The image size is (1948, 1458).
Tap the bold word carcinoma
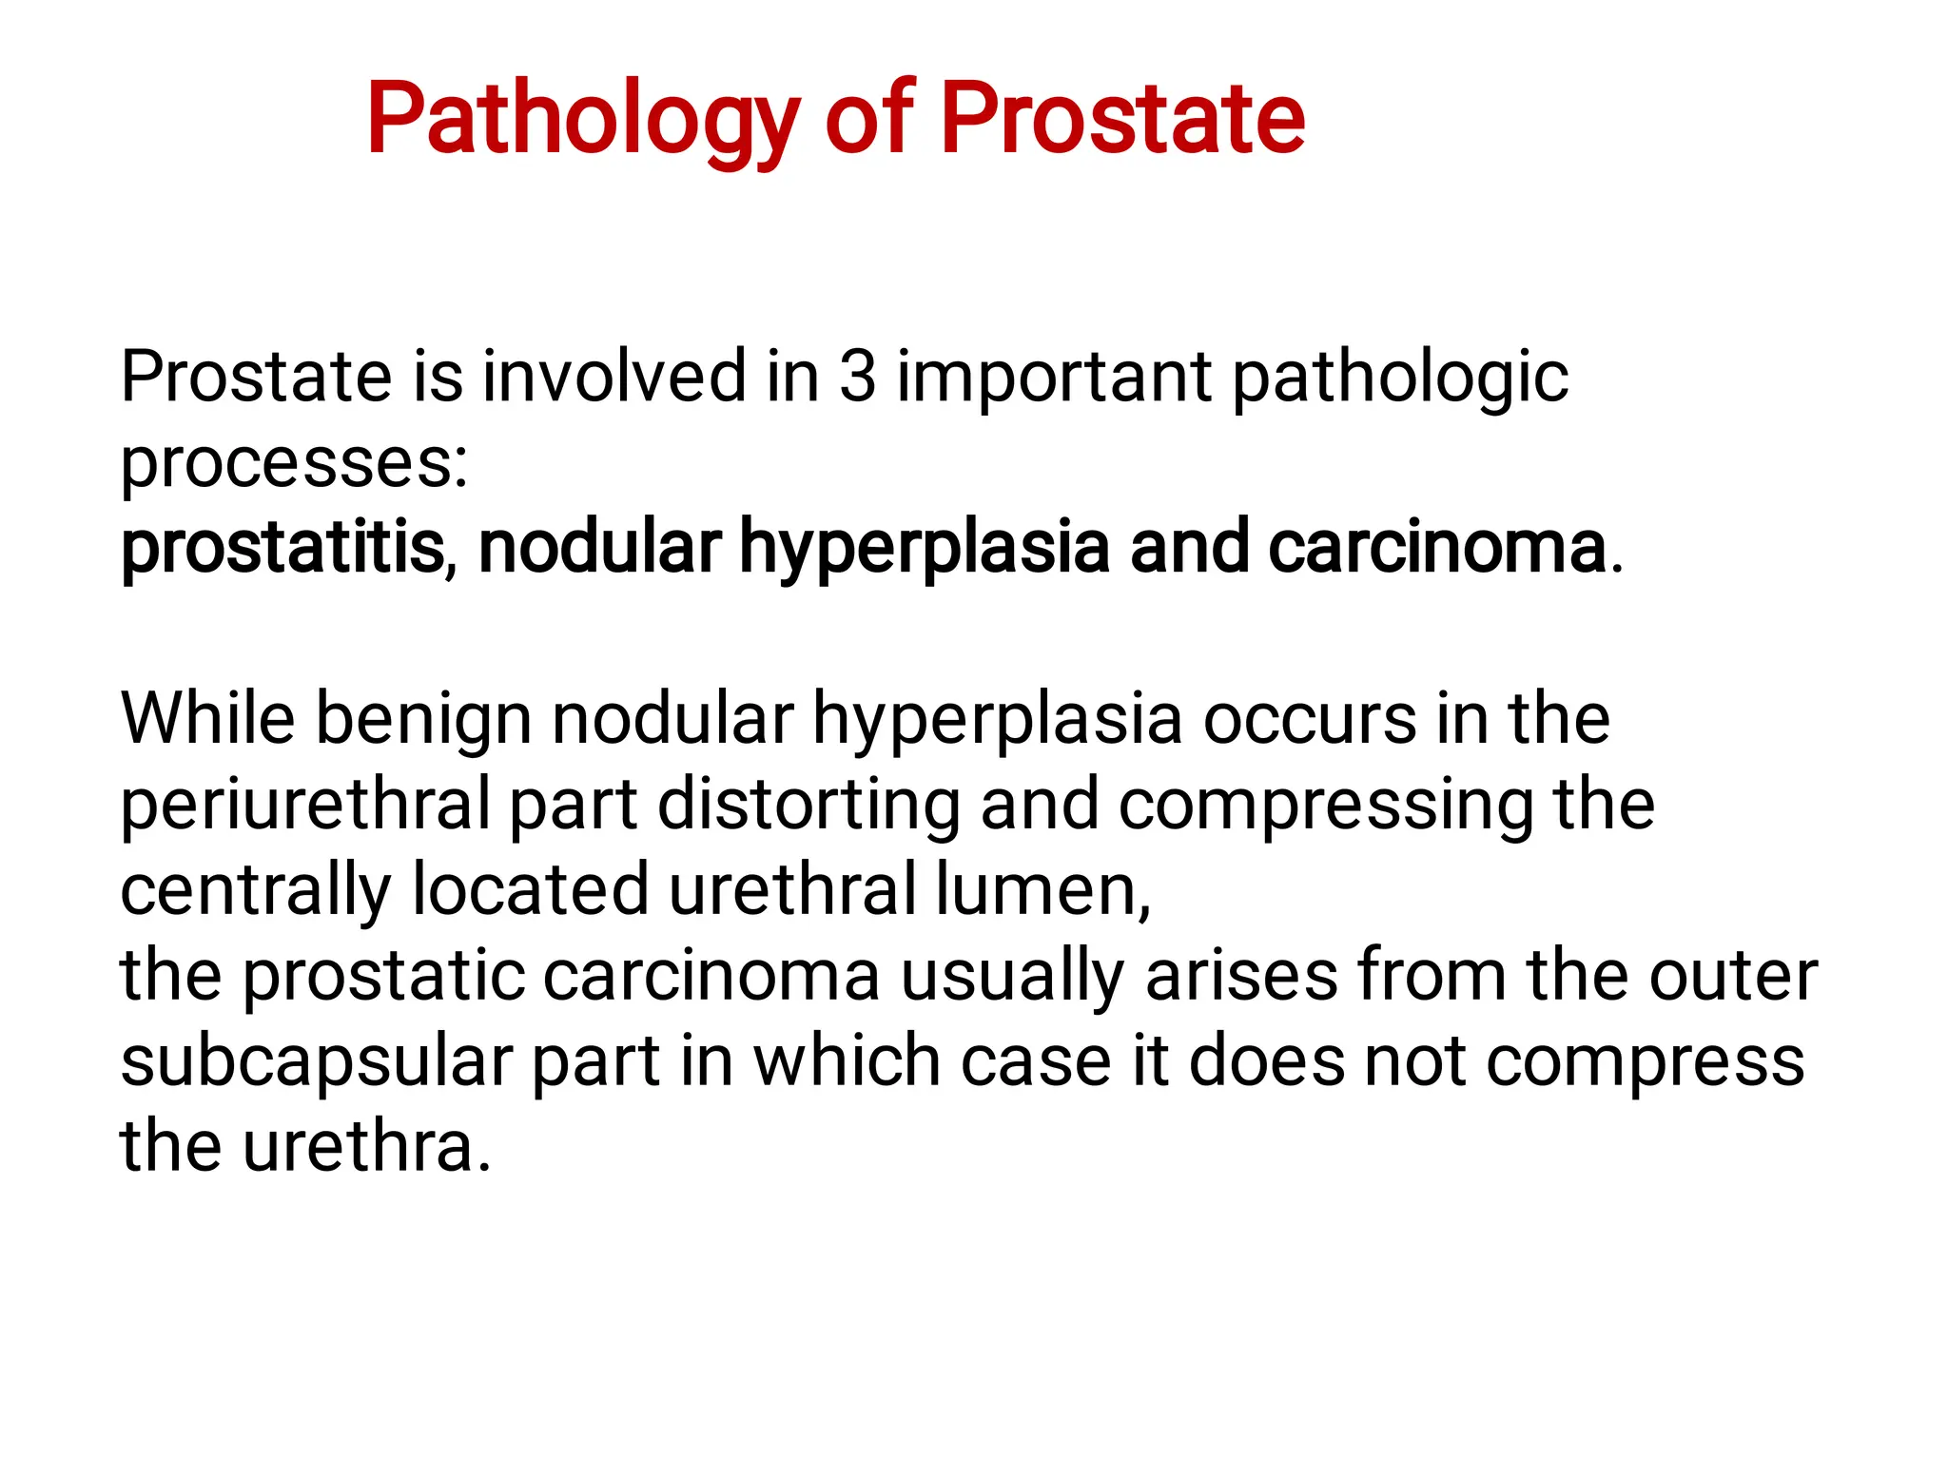pyautogui.click(x=1436, y=548)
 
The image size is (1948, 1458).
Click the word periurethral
pyautogui.click(x=305, y=806)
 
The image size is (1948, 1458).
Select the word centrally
pyautogui.click(x=255, y=892)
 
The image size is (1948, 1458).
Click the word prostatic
pyautogui.click(x=383, y=978)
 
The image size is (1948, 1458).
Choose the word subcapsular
pyautogui.click(x=317, y=1063)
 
